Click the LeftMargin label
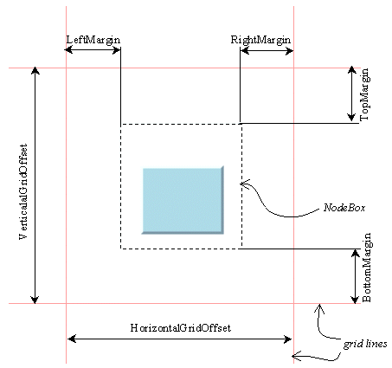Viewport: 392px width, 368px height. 93,40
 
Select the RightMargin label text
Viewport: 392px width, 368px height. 260,40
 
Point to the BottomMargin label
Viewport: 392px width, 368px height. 367,266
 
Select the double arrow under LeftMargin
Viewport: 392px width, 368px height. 93,51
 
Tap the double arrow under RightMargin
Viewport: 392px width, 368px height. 267,51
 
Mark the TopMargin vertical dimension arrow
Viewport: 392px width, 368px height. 350,94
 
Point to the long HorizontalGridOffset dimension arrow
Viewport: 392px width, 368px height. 180,339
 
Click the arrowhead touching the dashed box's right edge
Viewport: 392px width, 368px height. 245,183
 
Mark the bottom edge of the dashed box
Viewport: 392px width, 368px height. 180,249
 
